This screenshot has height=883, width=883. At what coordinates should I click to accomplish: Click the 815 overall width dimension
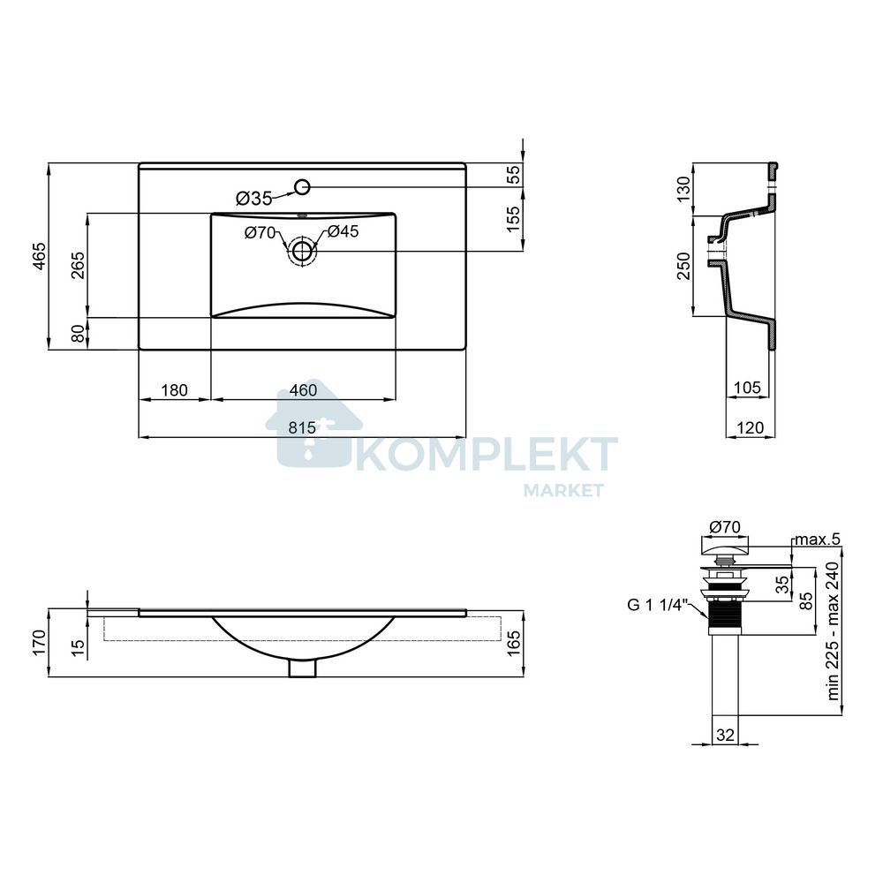click(302, 428)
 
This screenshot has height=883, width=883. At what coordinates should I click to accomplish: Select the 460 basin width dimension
click(303, 390)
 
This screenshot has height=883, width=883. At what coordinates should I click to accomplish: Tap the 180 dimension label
click(174, 390)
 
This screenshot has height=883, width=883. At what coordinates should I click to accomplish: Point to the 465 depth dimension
click(39, 256)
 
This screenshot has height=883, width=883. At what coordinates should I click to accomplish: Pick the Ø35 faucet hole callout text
click(254, 198)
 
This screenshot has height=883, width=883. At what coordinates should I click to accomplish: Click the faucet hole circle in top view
click(302, 186)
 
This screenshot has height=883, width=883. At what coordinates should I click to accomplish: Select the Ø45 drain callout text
click(343, 231)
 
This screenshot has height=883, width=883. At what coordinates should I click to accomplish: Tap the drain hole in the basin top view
click(302, 251)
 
